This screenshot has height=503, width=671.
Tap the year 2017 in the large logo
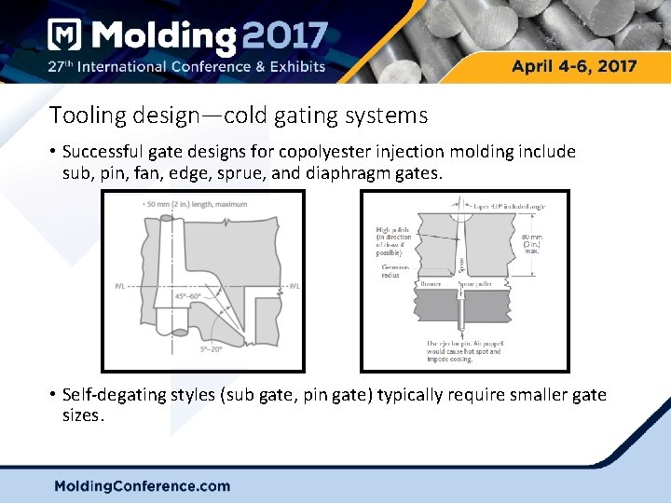(285, 37)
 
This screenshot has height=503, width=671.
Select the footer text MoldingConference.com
(142, 485)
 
